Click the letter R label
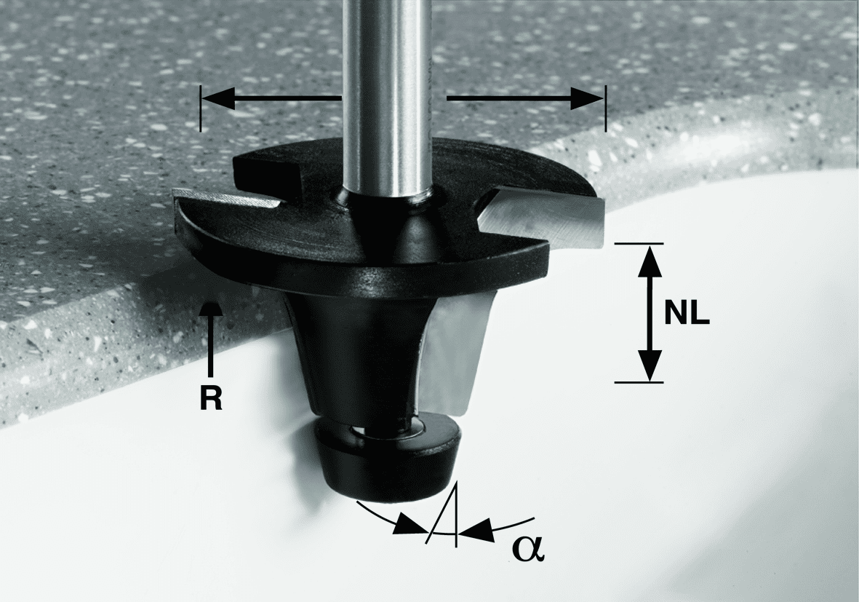click(x=211, y=400)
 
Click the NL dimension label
click(x=687, y=314)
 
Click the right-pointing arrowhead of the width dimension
click(x=587, y=99)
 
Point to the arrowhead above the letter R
click(x=211, y=309)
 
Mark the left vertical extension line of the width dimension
click(x=201, y=108)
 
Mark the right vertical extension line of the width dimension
click(x=606, y=108)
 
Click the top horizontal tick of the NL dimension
click(x=638, y=243)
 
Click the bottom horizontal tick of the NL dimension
click(x=638, y=381)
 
